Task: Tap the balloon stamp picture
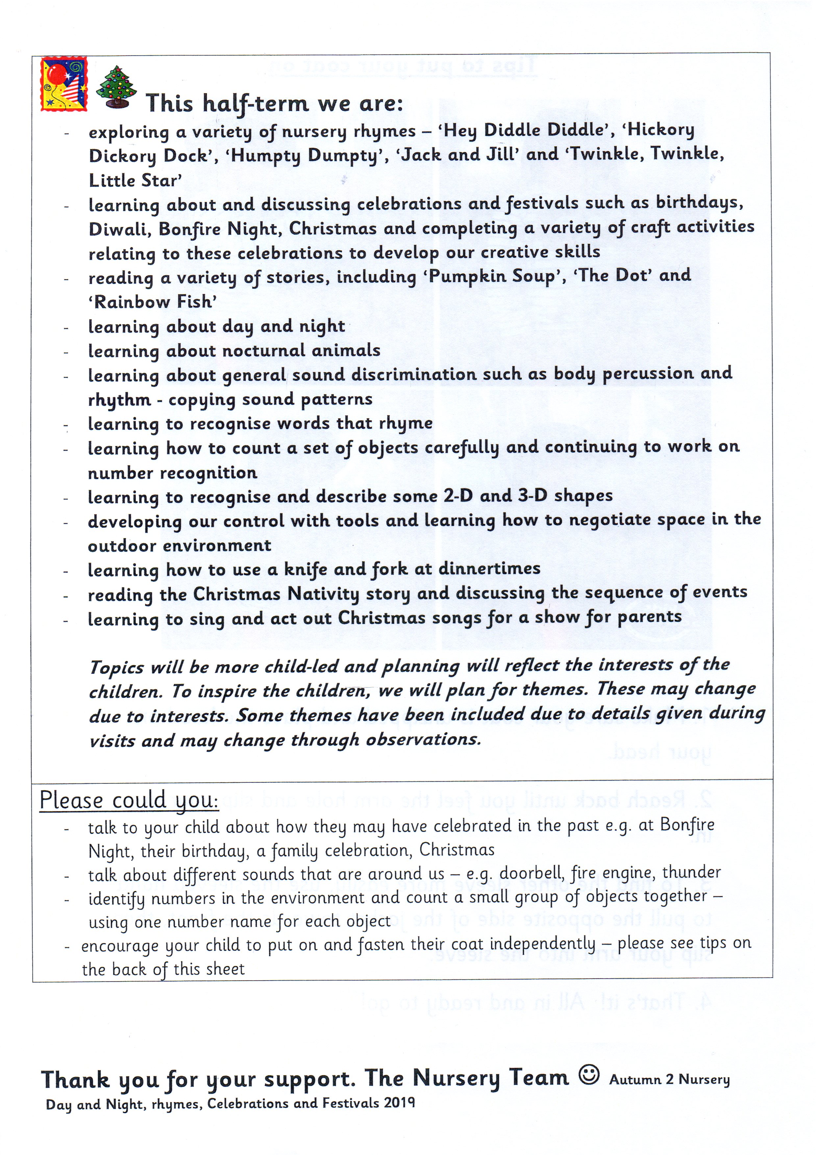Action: (x=64, y=84)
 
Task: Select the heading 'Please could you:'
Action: (x=129, y=801)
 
